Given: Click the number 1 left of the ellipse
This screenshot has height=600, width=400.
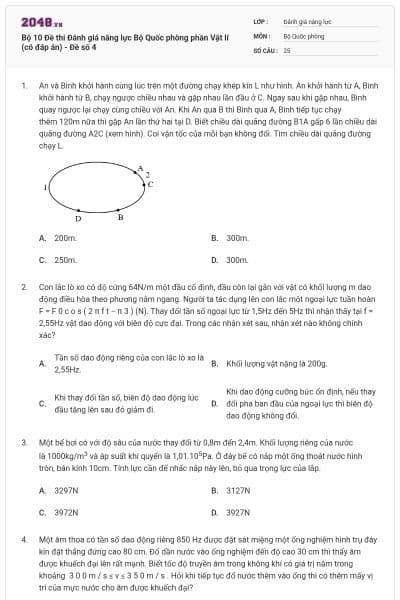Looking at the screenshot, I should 45,187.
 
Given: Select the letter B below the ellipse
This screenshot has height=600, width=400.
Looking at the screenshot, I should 121,216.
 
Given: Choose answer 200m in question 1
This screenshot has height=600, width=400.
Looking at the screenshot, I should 66,238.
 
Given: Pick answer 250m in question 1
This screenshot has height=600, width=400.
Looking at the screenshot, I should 66,259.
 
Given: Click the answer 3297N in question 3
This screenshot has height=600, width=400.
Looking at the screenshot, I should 66,490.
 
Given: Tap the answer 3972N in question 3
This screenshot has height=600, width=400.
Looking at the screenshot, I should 66,511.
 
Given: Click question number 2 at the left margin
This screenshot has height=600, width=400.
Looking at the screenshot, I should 23,287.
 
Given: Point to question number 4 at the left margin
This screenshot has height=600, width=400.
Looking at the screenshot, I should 23,539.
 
